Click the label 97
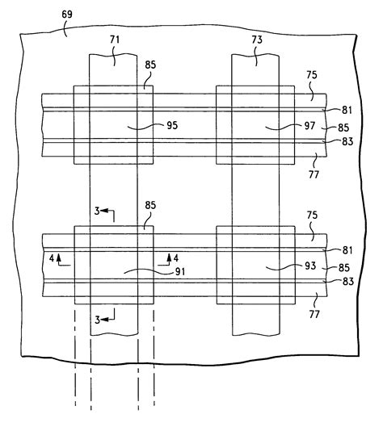[288, 127]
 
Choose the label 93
[288, 266]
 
